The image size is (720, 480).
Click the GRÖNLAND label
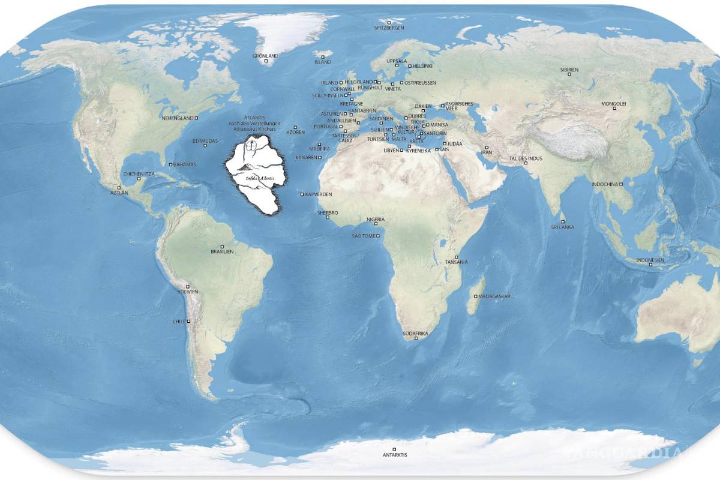pyautogui.click(x=266, y=56)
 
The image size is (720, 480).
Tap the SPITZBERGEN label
pyautogui.click(x=389, y=28)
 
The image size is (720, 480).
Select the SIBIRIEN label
pyautogui.click(x=569, y=70)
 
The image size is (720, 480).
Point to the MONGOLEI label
pyautogui.click(x=614, y=104)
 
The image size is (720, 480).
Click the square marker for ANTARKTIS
pyautogui.click(x=394, y=449)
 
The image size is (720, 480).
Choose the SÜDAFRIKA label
pyautogui.click(x=415, y=332)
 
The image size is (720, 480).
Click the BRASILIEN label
pyautogui.click(x=222, y=252)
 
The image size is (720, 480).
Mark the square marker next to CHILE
pyautogui.click(x=188, y=322)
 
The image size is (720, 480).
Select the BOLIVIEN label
pyautogui.click(x=187, y=292)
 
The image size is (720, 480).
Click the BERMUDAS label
pyautogui.click(x=205, y=141)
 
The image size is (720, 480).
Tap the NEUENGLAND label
pyautogui.click(x=178, y=118)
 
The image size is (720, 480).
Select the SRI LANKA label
pyautogui.click(x=563, y=227)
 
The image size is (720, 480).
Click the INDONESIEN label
pyautogui.click(x=650, y=260)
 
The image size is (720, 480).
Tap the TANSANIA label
pyautogui.click(x=457, y=262)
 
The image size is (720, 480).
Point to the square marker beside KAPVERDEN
pyautogui.click(x=302, y=194)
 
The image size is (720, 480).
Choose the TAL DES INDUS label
pyautogui.click(x=526, y=158)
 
